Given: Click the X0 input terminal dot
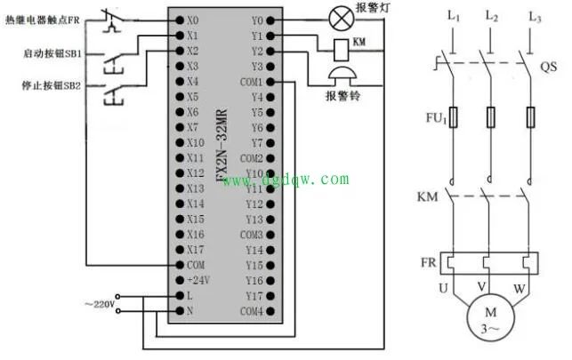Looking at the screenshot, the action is coord(180,20).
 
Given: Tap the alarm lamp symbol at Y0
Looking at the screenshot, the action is coord(342,19).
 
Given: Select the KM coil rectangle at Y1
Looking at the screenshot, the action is coord(342,50).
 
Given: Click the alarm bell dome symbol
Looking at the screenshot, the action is coord(342,73).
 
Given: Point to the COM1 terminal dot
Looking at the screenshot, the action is coord(270,82).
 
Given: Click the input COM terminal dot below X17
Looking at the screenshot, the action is coord(180,265).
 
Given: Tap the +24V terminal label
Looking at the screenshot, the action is coord(198,280).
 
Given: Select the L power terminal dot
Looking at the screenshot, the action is coord(180,295).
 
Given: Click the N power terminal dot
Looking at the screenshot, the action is coord(180,311).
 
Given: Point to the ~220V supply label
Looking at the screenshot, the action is coord(100,304).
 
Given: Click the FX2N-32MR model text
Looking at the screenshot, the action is coord(222,145).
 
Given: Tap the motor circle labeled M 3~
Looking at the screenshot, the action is coord(491,317).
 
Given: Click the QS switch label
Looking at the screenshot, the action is coord(548,67).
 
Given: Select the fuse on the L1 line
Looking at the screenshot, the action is coord(453,117).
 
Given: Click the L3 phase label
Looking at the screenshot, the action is coord(535,17).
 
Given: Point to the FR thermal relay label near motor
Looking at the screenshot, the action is coord(428,262).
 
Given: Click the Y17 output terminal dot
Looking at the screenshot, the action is coord(270,296).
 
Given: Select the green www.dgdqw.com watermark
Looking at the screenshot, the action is coord(286,180).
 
